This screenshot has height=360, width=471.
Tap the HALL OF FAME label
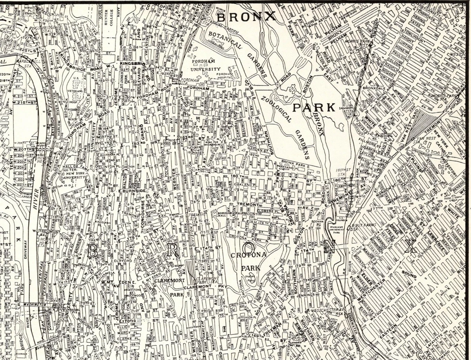pyautogui.click(x=71, y=168)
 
